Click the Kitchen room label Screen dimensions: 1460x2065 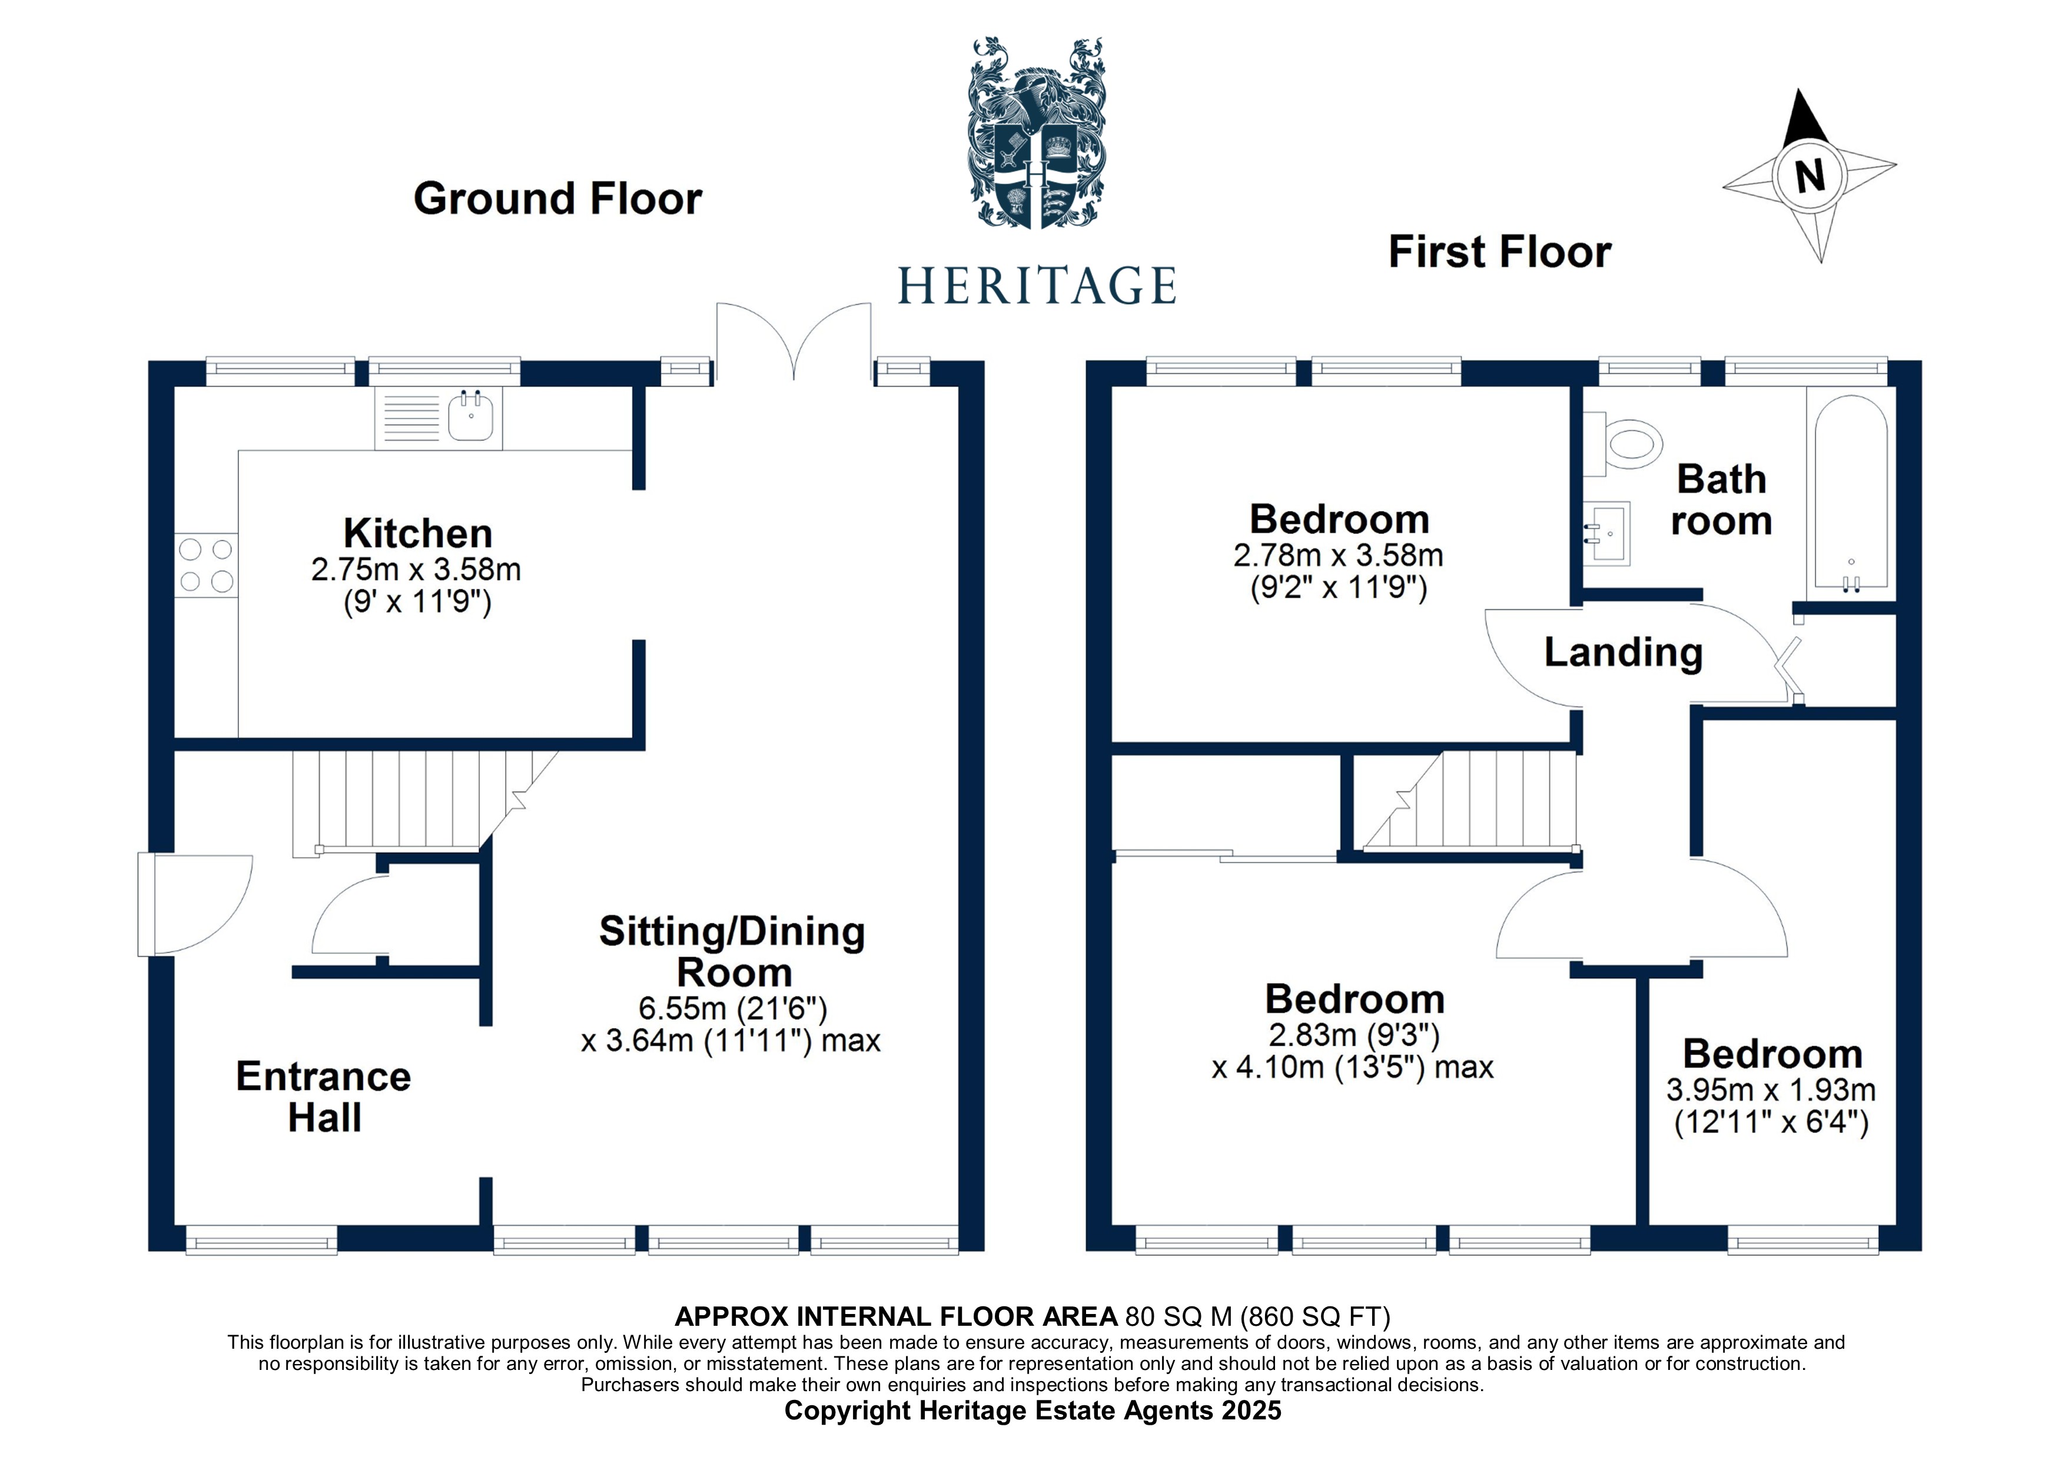[x=417, y=533]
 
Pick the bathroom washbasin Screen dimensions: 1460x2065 [x=1606, y=533]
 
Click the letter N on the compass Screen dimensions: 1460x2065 [x=1810, y=175]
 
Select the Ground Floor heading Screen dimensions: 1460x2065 [x=557, y=199]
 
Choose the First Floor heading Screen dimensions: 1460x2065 [x=1499, y=252]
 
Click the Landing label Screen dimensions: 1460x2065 [x=1624, y=652]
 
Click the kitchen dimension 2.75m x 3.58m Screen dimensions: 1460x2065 [x=416, y=569]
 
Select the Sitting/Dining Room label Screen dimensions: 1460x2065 [x=732, y=952]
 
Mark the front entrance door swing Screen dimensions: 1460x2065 [x=198, y=903]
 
